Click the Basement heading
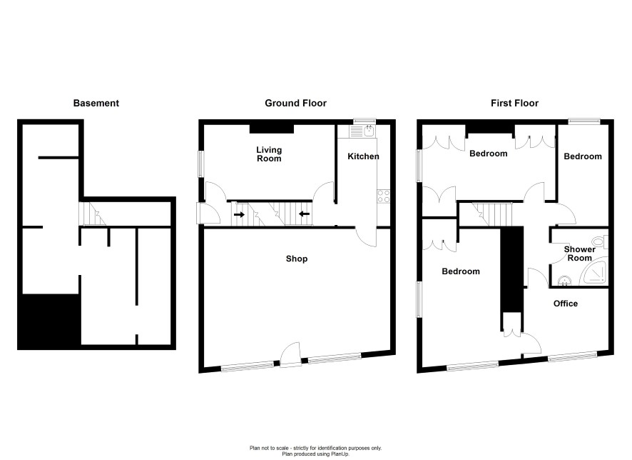coord(96,104)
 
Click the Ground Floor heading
coord(295,104)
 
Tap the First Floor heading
coord(515,104)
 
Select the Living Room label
coord(269,154)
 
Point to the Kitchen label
coord(363,156)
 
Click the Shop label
coord(297,259)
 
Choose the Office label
coord(566,304)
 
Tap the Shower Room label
coord(580,254)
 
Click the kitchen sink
coord(363,131)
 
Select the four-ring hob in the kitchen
coord(383,196)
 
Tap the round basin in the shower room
coord(564,280)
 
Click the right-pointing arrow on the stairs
coord(239,215)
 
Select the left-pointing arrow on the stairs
coord(305,214)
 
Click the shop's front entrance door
coord(291,355)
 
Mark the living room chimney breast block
coord(272,129)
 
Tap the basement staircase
coord(92,214)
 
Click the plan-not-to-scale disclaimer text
coord(315,451)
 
